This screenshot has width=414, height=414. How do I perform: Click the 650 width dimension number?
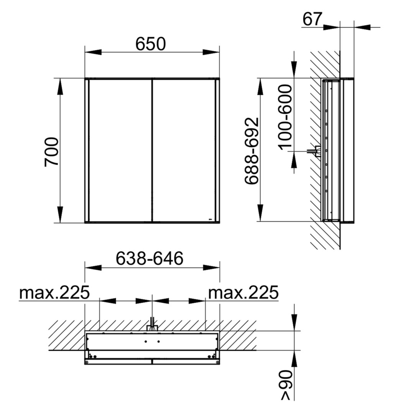[x=151, y=44]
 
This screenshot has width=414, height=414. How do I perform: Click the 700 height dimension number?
[x=52, y=152]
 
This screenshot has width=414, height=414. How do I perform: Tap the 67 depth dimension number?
[x=312, y=19]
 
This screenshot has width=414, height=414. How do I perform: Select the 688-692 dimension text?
[x=251, y=151]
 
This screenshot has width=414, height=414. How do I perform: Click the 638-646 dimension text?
[x=149, y=258]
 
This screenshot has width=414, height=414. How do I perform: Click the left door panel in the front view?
[x=120, y=151]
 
